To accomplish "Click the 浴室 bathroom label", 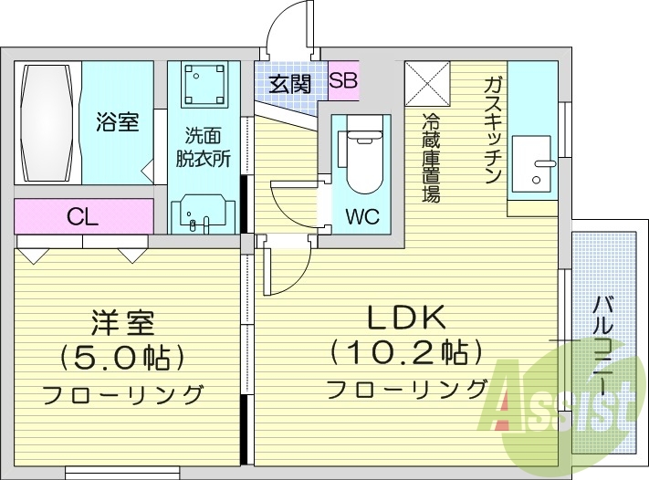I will [119, 121].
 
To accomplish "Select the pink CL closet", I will [83, 216].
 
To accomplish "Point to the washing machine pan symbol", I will [203, 85].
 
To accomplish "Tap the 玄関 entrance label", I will [290, 83].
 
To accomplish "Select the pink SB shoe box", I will [343, 80].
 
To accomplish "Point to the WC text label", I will [362, 219].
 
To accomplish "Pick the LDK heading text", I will [405, 318].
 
